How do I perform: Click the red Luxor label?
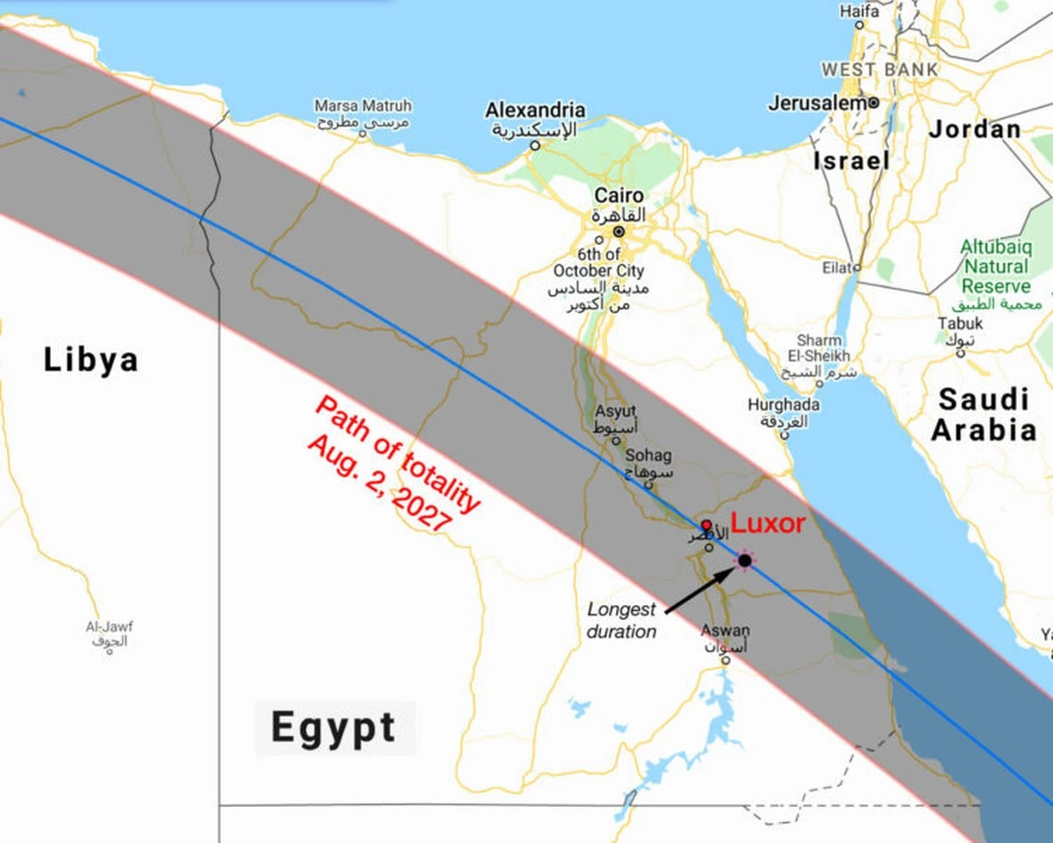pyautogui.click(x=768, y=523)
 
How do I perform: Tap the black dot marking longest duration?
pyautogui.click(x=745, y=560)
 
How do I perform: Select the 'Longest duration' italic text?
pyautogui.click(x=621, y=620)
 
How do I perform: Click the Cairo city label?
pyautogui.click(x=619, y=196)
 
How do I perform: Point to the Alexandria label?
pyautogui.click(x=535, y=111)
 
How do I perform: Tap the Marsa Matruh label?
pyautogui.click(x=362, y=106)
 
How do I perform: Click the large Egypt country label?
pyautogui.click(x=333, y=728)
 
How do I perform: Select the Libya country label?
pyautogui.click(x=91, y=360)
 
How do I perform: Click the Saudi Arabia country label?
pyautogui.click(x=984, y=414)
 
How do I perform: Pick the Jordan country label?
pyautogui.click(x=975, y=129)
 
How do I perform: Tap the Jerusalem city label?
pyautogui.click(x=817, y=103)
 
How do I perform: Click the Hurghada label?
pyautogui.click(x=784, y=405)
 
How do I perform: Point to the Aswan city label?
pyautogui.click(x=725, y=630)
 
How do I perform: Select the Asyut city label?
pyautogui.click(x=615, y=411)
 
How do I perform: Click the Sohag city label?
pyautogui.click(x=648, y=456)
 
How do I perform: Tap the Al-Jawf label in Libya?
pyautogui.click(x=109, y=627)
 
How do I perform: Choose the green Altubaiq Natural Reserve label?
pyautogui.click(x=994, y=266)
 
